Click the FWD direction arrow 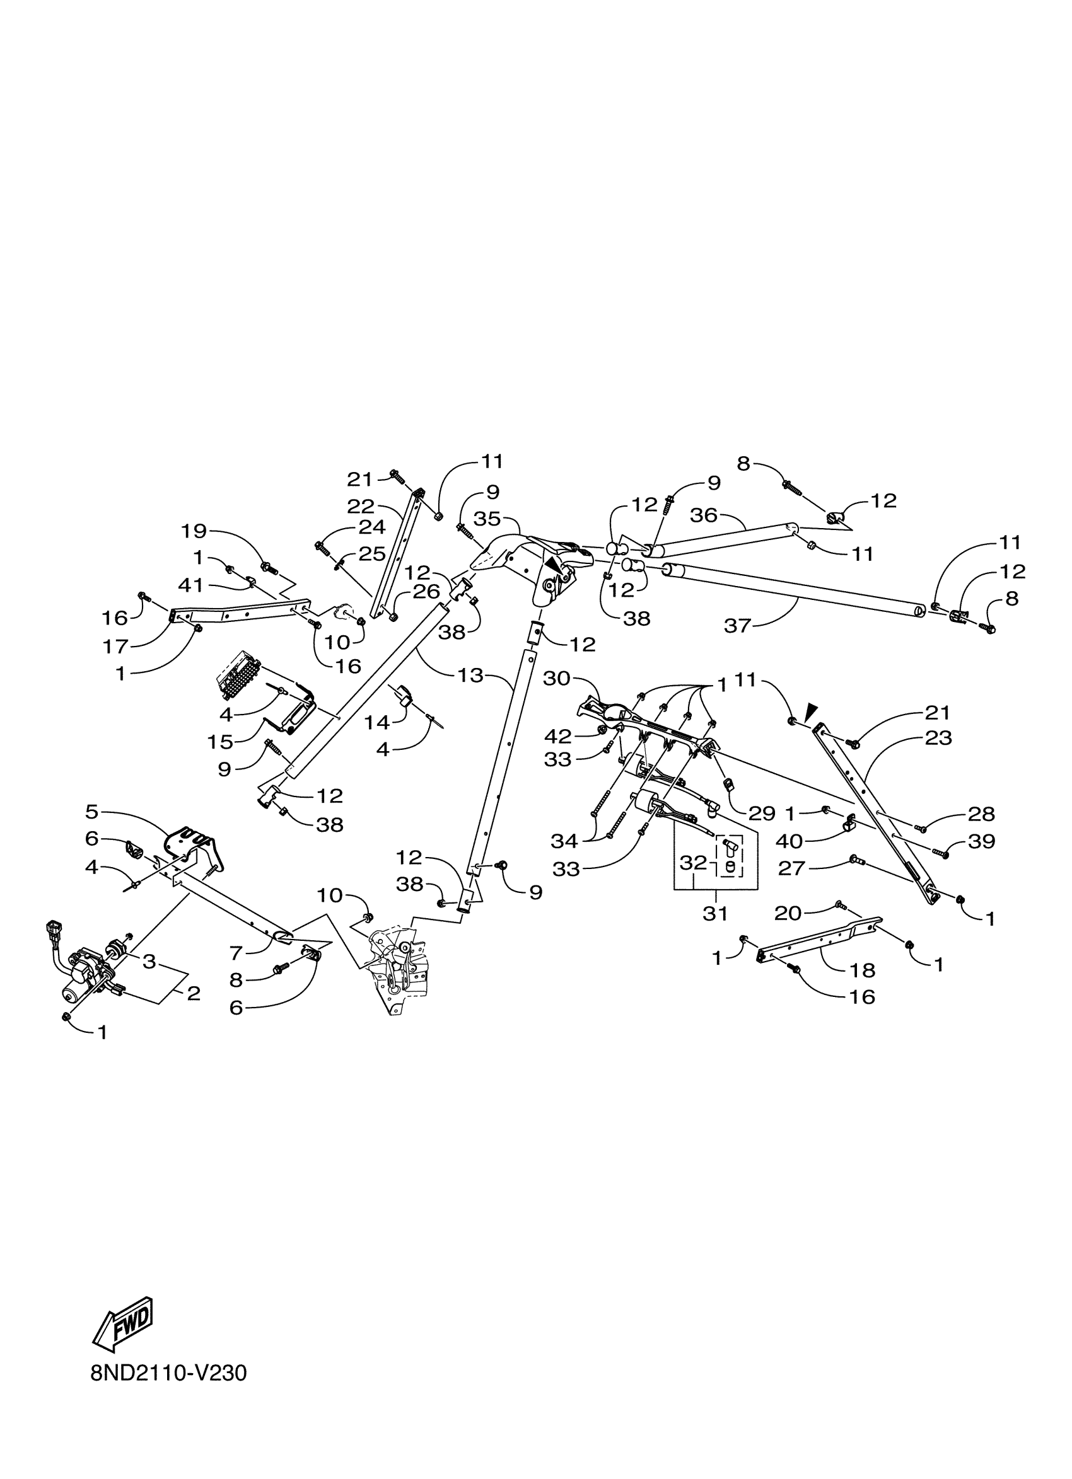click(x=124, y=1326)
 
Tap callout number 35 click(x=487, y=519)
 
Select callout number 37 click(x=738, y=625)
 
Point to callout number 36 click(x=703, y=516)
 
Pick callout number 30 click(x=557, y=679)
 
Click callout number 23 click(x=938, y=738)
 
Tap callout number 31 click(x=715, y=914)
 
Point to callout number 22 click(x=361, y=506)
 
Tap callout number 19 click(x=194, y=531)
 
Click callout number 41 click(x=190, y=586)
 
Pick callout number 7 click(x=236, y=953)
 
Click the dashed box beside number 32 click(x=730, y=856)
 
